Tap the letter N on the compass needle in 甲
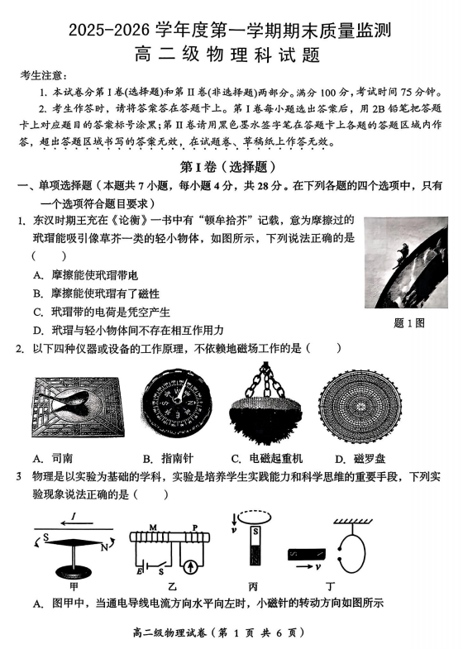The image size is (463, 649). (105, 546)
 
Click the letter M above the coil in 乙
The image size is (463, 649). (152, 527)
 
